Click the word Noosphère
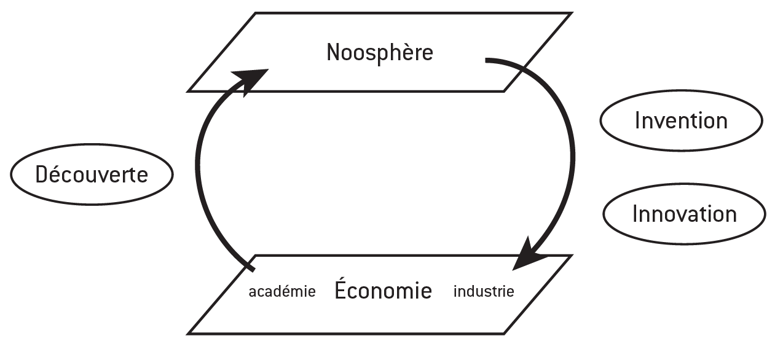click(379, 53)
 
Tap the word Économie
click(383, 291)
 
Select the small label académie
click(281, 292)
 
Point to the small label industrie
click(483, 292)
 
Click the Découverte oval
click(92, 174)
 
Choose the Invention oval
click(680, 120)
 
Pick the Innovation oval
click(684, 214)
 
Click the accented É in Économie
click(341, 289)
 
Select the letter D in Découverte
click(41, 174)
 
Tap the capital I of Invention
click(637, 120)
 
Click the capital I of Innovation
click(635, 214)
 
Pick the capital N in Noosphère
click(332, 53)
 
